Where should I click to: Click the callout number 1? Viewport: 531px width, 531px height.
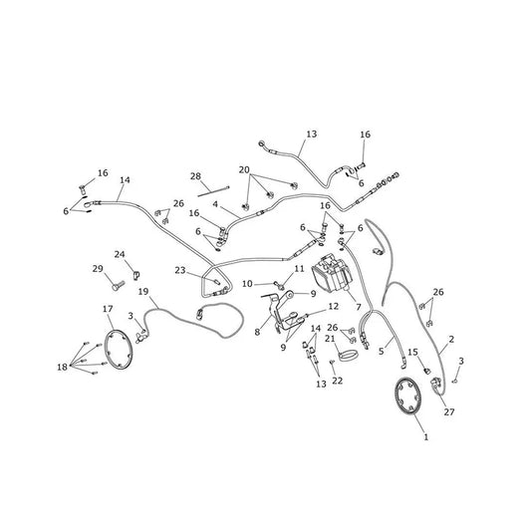426,437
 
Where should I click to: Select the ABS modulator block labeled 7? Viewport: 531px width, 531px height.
332,273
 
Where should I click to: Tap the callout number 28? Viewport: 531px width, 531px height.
195,176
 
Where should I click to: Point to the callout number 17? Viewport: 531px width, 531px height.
108,309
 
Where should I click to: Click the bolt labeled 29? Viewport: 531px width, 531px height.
118,286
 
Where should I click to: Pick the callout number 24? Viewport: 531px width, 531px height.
120,254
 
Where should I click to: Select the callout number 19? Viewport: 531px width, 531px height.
143,291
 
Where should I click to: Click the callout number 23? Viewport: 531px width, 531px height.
180,270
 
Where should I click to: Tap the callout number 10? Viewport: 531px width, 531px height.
247,284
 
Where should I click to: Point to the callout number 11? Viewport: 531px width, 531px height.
299,269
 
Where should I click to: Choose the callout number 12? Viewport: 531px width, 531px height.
334,306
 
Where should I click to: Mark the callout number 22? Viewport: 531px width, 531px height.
338,381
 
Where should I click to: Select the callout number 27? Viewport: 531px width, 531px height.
449,411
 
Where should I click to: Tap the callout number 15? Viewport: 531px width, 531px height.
412,353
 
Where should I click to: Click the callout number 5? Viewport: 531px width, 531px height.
382,352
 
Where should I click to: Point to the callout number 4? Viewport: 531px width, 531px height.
215,204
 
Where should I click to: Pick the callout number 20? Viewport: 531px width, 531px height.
244,169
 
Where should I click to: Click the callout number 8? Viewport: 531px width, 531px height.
257,332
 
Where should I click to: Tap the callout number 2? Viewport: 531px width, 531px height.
451,339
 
